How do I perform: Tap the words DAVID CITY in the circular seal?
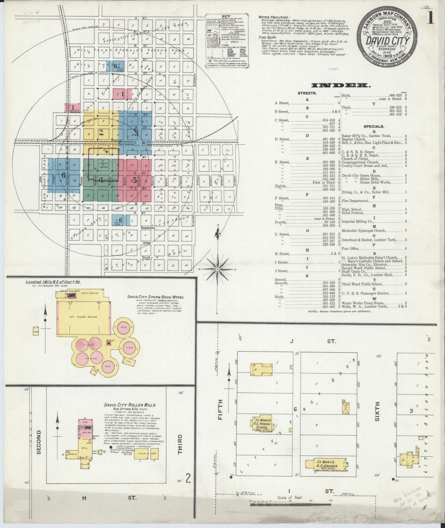point(387,41)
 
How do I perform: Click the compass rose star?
point(218,269)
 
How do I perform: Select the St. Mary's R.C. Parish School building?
point(263,423)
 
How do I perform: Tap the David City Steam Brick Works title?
point(156,297)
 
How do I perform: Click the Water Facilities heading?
point(274,17)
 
